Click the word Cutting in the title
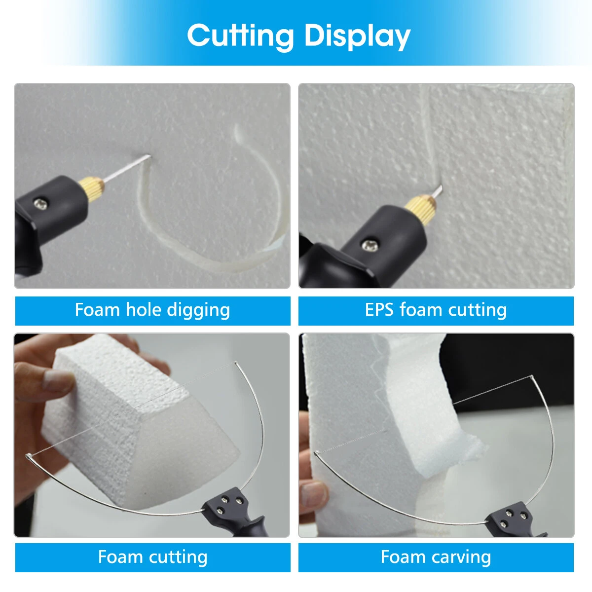[x=241, y=36]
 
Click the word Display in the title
[x=357, y=37]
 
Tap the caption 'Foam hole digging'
[x=152, y=310]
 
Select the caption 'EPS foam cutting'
[x=436, y=310]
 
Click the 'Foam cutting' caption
[x=152, y=557]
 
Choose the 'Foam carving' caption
[x=436, y=557]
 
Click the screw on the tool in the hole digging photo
[x=41, y=202]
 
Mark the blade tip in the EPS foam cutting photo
[x=438, y=188]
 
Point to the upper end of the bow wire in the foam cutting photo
[x=235, y=364]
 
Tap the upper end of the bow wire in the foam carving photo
[x=531, y=378]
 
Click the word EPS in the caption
[x=379, y=310]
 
